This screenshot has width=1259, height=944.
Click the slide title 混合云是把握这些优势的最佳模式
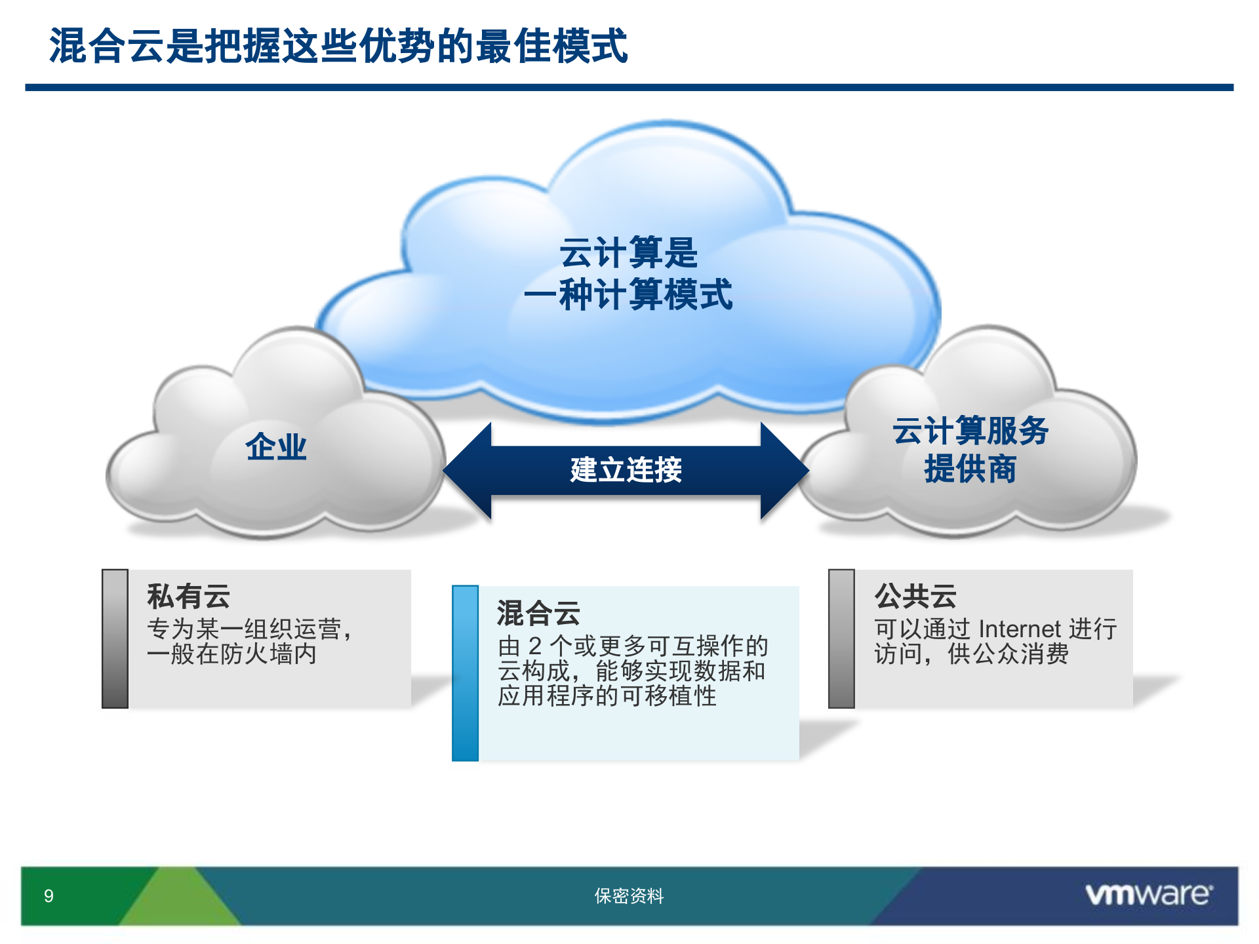[338, 46]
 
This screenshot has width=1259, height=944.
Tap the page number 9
[49, 896]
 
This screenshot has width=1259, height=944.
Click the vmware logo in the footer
[1148, 895]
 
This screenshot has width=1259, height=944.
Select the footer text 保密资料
[629, 896]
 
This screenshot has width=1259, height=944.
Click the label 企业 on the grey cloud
[276, 447]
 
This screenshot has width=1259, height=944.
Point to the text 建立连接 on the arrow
[626, 470]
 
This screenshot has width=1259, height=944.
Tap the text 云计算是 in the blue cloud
[628, 253]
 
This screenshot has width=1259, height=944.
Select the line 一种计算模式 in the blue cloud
[628, 294]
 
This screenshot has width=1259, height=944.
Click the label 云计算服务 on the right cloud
[970, 431]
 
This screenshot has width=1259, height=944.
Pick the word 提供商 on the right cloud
[970, 469]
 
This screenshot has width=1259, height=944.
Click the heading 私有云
[188, 596]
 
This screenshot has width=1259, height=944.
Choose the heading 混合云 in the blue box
[538, 613]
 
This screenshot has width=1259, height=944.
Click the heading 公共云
[915, 596]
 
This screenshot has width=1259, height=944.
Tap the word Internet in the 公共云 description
[1018, 629]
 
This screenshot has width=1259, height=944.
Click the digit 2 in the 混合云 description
[535, 646]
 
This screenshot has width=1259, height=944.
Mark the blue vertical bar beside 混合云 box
[465, 673]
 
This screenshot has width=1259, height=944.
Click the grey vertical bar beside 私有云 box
[115, 639]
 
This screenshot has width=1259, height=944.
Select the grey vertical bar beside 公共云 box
[841, 639]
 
